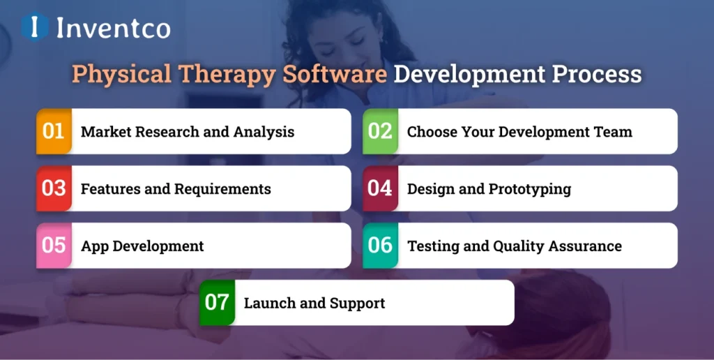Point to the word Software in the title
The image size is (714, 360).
[334, 75]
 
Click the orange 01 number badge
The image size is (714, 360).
[54, 131]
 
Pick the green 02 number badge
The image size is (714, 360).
[380, 131]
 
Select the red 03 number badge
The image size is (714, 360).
[54, 188]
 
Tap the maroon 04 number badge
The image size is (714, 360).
[380, 188]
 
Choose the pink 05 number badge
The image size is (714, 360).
[54, 246]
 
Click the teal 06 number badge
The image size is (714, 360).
[380, 246]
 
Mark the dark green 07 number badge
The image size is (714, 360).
[217, 303]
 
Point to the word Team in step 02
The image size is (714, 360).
[614, 132]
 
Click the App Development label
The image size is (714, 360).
[142, 246]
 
